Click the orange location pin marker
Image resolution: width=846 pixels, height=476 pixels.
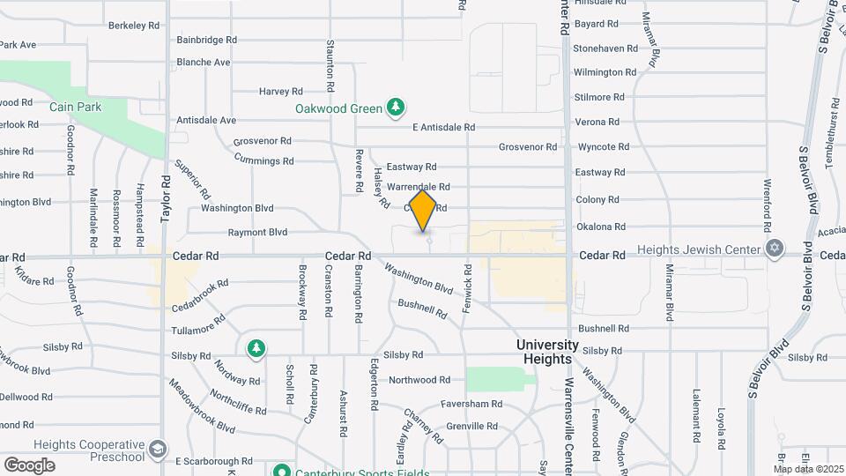pos(424,211)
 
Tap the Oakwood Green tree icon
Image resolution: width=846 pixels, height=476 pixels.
pos(397,108)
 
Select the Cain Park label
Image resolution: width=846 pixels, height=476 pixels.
pos(75,108)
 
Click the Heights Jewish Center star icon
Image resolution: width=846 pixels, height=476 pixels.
pos(774,248)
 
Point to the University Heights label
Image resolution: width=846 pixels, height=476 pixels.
pos(547,352)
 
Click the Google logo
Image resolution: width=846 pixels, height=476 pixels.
pos(29,465)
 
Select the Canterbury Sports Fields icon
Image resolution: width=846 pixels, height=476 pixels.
pos(281,471)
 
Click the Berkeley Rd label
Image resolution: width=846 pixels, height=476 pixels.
pos(134,26)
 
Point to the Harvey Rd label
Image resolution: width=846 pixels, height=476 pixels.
pos(281,91)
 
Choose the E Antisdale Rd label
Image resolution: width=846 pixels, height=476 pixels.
pos(444,128)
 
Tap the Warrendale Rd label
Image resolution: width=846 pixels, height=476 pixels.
pos(419,187)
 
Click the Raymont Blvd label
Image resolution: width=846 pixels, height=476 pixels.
pos(257,233)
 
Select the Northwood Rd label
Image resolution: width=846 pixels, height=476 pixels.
pos(419,380)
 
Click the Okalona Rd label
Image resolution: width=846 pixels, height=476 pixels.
pos(600,227)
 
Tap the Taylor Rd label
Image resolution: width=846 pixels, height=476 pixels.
pos(165,199)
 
